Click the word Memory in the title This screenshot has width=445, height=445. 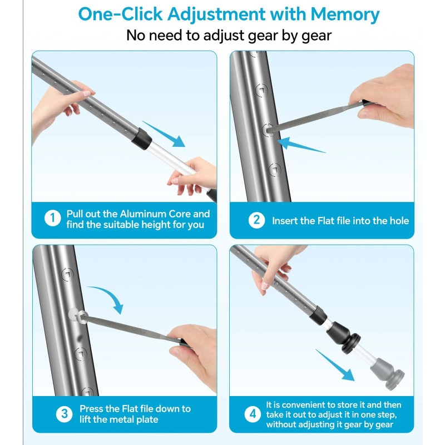coord(344,15)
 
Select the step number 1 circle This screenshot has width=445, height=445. coord(52,218)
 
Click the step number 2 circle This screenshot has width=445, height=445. coord(256,220)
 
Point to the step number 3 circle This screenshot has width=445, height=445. coord(65,414)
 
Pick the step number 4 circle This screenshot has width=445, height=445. coord(253,414)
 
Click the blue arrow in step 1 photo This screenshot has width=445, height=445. coord(164,134)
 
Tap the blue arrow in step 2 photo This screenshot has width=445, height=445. coord(301,145)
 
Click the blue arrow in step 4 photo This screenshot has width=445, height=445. coord(335,365)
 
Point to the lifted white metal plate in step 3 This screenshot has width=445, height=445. coord(75,314)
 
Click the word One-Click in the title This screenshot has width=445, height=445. coord(121,14)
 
